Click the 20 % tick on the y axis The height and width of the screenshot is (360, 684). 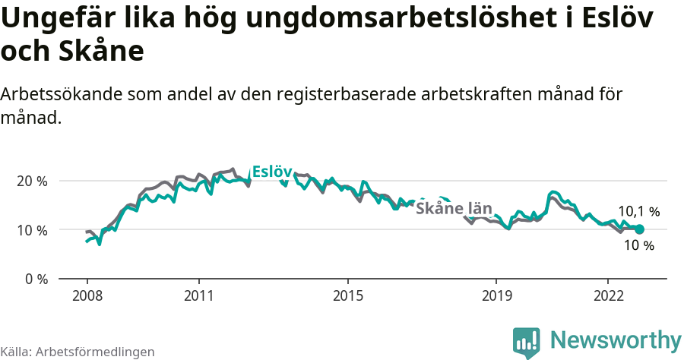(32, 182)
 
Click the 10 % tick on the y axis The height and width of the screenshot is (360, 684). (32, 230)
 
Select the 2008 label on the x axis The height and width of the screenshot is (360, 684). (87, 295)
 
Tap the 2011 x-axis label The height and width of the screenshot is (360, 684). (198, 295)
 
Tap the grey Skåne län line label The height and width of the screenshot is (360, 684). (454, 209)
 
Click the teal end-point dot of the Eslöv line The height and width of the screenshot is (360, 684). (639, 229)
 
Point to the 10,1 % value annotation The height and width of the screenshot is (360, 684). (638, 212)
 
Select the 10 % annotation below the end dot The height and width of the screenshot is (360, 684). (638, 245)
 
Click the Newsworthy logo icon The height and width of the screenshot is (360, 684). (527, 342)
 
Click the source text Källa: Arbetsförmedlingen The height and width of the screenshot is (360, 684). (78, 352)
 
